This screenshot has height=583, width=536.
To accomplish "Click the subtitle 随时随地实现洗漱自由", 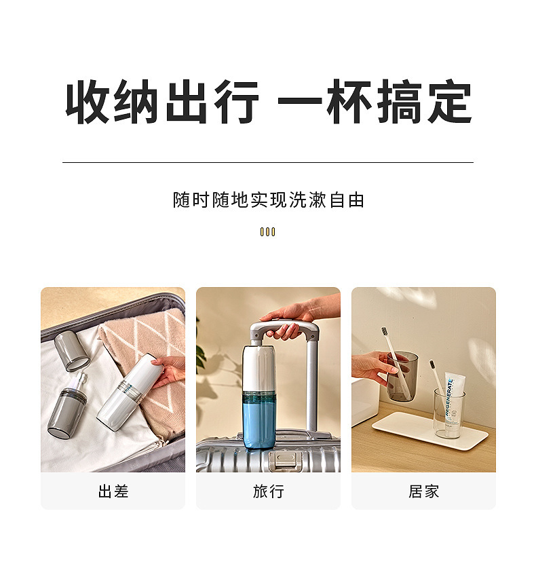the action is point(269,200).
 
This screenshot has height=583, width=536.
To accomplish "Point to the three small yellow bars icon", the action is point(267,232).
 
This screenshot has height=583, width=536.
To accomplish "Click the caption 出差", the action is point(113,491).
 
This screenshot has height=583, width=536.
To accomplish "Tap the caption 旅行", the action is point(269,491).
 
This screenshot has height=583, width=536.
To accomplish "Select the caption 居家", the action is point(424,491).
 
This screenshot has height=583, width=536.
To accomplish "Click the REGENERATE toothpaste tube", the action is point(454,402).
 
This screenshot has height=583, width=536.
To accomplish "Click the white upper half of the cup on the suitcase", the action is point(259,369).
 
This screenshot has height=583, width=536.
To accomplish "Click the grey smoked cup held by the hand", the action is point(402,376).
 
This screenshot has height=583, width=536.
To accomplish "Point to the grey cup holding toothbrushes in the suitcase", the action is point(67,410).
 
